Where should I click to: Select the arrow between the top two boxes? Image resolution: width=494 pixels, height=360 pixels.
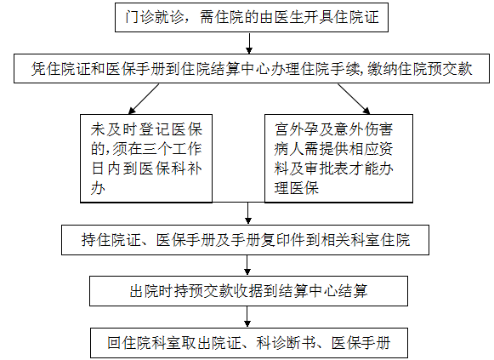click(249, 43)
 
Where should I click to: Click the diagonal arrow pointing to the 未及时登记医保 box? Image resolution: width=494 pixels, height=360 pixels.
click(144, 99)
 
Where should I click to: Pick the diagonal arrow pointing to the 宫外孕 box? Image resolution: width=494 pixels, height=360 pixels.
click(354, 99)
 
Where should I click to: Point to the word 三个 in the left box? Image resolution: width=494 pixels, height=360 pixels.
click(156, 149)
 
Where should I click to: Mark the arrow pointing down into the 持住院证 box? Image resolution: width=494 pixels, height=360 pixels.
click(248, 214)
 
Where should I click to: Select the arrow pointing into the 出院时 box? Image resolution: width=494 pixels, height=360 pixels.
click(247, 266)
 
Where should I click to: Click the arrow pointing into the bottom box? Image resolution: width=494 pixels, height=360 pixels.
click(247, 317)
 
